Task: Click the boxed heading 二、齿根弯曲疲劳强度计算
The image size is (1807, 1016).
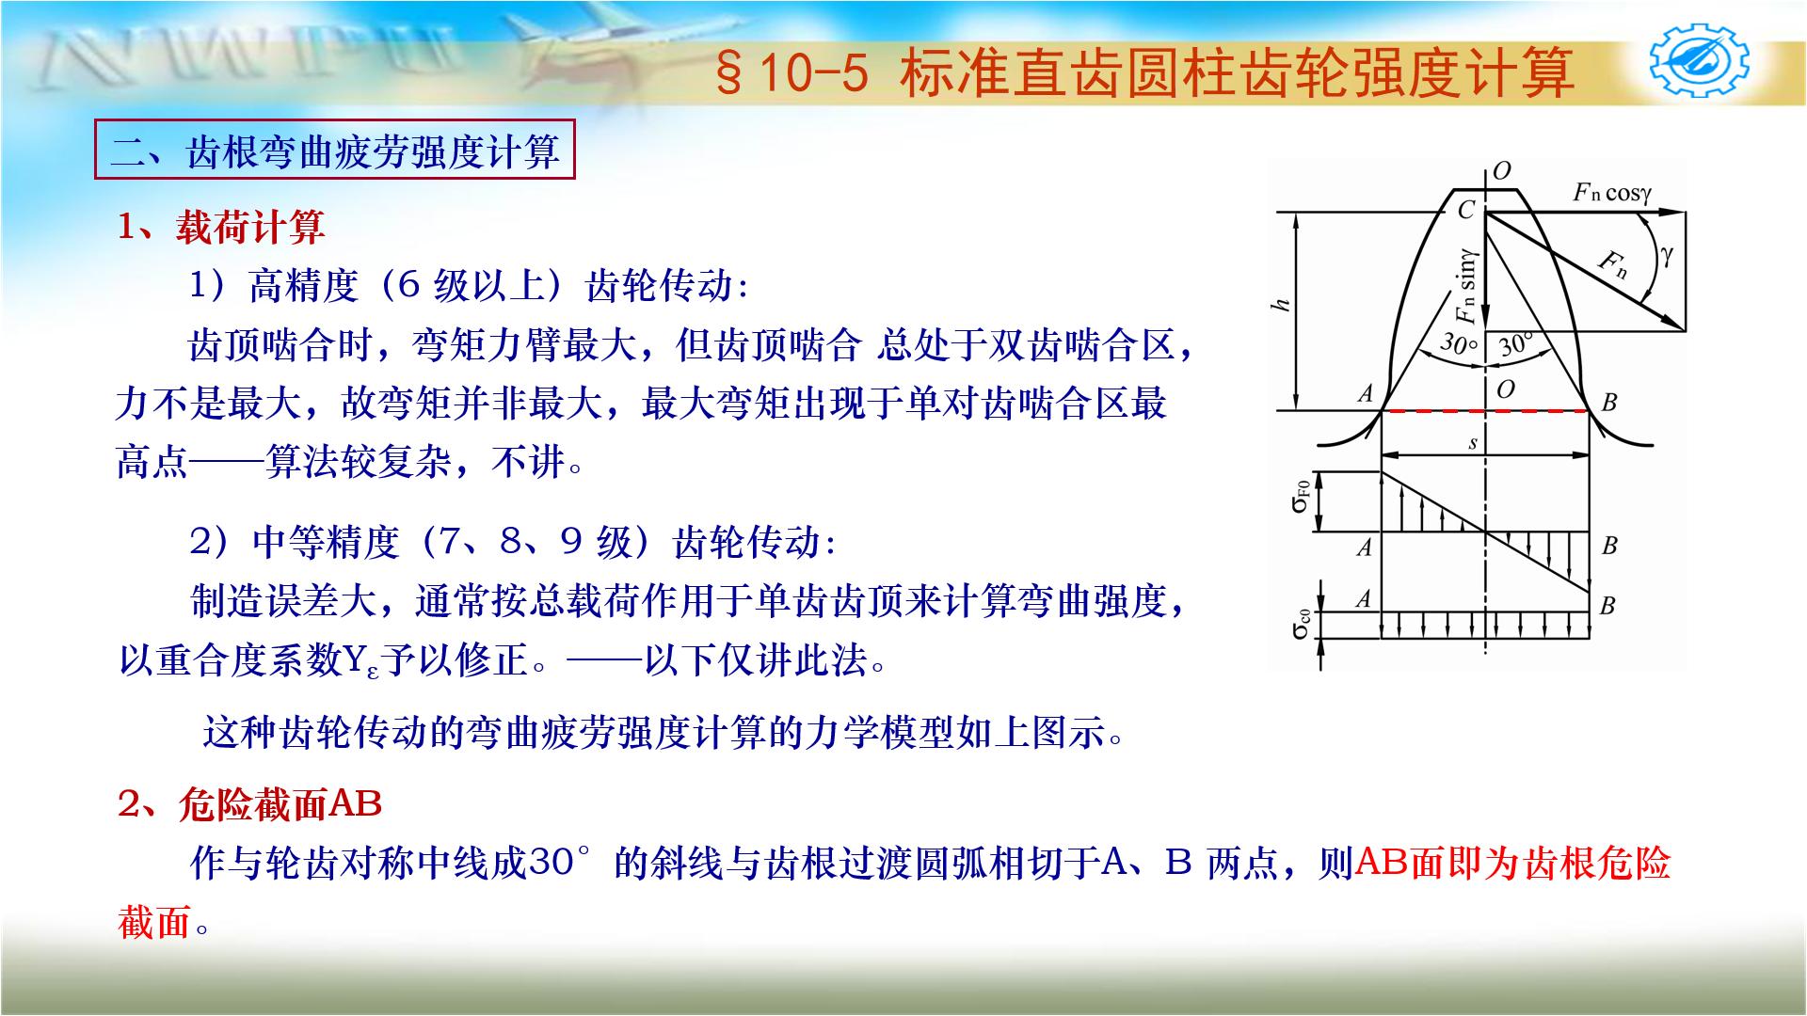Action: [x=334, y=151]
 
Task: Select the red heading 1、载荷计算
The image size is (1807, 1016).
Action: [x=221, y=228]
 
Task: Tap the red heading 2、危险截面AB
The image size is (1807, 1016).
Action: [x=249, y=805]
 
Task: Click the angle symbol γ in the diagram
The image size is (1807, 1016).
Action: [x=1668, y=255]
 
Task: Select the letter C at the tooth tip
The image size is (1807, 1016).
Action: [x=1465, y=210]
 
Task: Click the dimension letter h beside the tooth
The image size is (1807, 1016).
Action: [x=1280, y=305]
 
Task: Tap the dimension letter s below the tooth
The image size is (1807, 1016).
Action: [x=1473, y=443]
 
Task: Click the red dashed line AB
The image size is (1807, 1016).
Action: [x=1485, y=411]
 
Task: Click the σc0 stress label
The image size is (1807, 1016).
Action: [x=1301, y=624]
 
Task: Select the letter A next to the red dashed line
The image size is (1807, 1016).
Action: [x=1366, y=394]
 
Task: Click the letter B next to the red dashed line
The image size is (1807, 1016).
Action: [x=1608, y=403]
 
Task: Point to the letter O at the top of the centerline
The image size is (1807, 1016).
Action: [x=1501, y=170]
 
